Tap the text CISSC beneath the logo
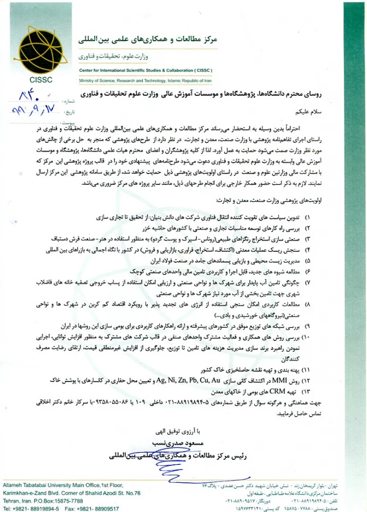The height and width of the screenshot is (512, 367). click(x=41, y=80)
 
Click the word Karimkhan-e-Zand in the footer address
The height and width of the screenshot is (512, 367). click(x=25, y=492)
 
